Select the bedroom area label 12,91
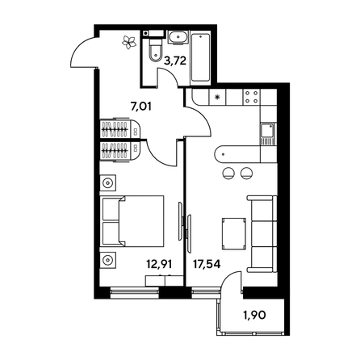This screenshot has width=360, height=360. coord(158,262)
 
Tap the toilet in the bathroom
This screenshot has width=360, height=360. coord(153,52)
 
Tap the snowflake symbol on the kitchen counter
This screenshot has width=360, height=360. coord(220,98)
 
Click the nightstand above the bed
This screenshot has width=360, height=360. coord(110,183)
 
